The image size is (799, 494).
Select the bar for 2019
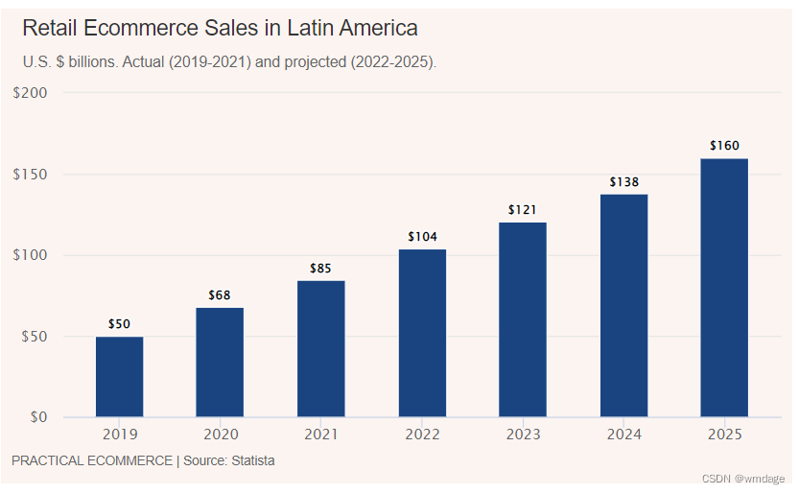coord(119,377)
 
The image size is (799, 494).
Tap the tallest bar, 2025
coord(724,288)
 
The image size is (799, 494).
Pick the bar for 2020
coord(220,363)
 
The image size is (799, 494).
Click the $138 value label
coord(623,181)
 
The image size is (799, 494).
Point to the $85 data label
coord(320,268)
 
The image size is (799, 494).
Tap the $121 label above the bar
coord(523,209)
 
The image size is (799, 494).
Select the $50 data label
coord(119,323)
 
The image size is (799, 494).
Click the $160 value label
coord(724,146)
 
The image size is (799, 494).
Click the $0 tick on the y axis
coord(39,417)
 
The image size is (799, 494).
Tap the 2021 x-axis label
coord(320,435)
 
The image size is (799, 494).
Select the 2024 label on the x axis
coord(623,435)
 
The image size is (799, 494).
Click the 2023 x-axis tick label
coord(523,435)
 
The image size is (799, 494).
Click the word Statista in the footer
coord(249,460)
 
